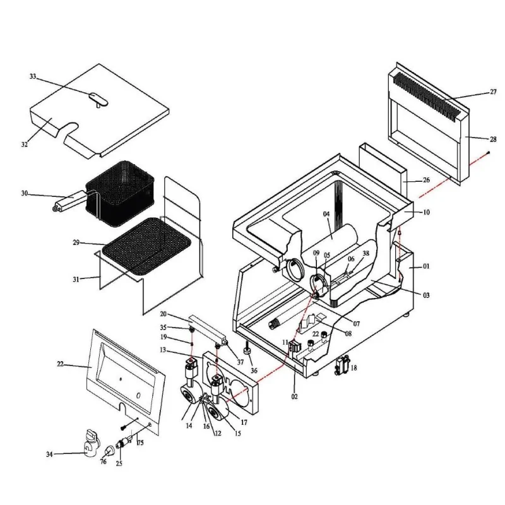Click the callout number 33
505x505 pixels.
coord(33,77)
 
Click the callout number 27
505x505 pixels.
coord(493,92)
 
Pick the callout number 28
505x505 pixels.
coord(493,139)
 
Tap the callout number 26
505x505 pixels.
coord(426,181)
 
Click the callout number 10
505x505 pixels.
coord(426,213)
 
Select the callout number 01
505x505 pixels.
coord(426,266)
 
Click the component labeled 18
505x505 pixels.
coord(344,365)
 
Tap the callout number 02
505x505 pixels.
coord(295,397)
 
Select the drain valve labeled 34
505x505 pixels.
coord(90,442)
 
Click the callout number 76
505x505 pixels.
coord(103,462)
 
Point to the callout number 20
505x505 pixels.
coord(163,314)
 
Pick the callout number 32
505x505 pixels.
coord(25,145)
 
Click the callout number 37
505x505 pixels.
coord(240,362)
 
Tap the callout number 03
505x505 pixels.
coord(426,295)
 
